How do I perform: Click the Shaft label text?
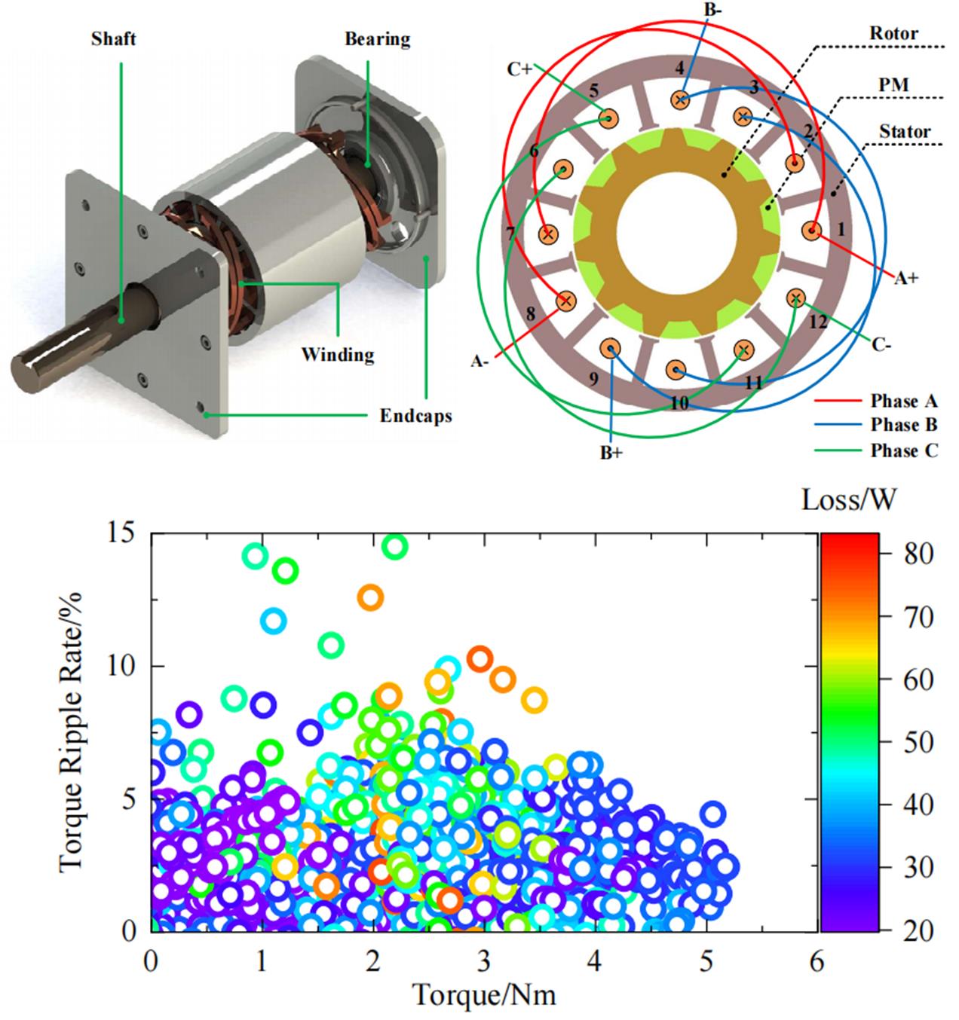coord(114,38)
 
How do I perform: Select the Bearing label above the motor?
coord(377,38)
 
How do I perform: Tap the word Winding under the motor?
coord(338,353)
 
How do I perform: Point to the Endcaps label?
coord(415,415)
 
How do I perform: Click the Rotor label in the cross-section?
coord(893,33)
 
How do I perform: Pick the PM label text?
coord(893,84)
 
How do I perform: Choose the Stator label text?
coord(905,131)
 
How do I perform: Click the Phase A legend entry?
coord(904,401)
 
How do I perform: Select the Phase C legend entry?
coord(904,450)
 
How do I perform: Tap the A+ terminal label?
coord(906,278)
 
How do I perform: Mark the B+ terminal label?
coord(611,454)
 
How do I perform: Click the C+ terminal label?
coord(519,69)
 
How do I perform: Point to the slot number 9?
coord(593,378)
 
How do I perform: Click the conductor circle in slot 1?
coord(813,231)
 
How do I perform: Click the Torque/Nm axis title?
coord(484,995)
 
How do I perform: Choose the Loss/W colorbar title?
coord(848,499)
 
